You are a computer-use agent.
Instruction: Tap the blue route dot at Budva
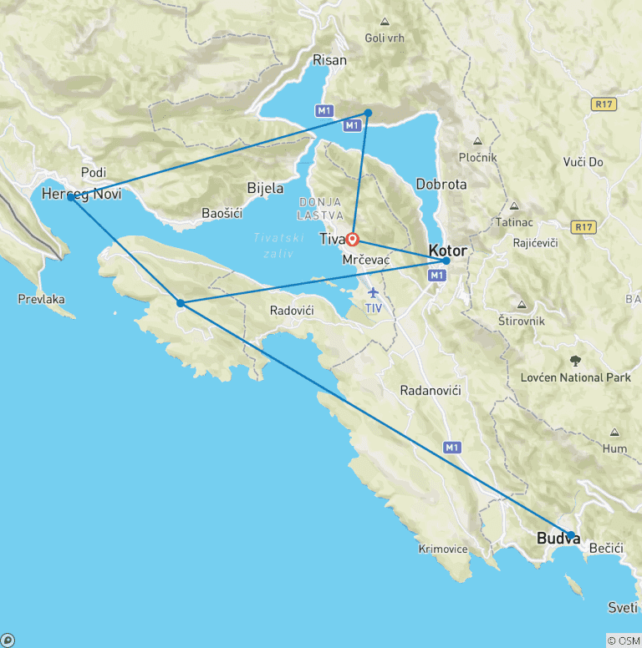coord(571,535)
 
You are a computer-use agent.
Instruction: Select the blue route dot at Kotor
coord(446,261)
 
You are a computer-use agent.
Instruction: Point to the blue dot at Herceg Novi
coord(71,197)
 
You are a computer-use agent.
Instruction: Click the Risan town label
coord(329,59)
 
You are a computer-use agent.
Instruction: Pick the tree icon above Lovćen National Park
coord(575,361)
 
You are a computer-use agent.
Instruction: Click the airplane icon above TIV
coord(373,292)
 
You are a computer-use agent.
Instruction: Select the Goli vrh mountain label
coord(385,38)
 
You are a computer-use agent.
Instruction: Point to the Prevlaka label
coord(41,299)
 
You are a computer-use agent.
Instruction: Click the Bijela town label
coord(265,189)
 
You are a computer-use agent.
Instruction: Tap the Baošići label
coord(222,213)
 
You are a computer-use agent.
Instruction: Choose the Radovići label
coord(292,311)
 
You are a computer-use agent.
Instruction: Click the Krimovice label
coord(443,549)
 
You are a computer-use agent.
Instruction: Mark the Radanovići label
coord(431,391)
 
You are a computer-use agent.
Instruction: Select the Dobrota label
coord(441,185)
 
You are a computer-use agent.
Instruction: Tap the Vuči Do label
coord(583,162)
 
